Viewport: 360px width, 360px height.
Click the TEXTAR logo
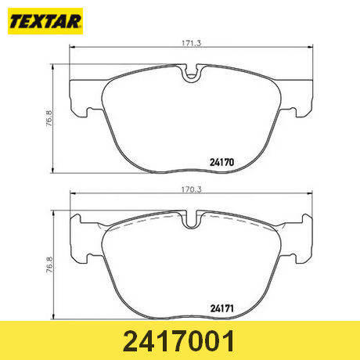[45, 21]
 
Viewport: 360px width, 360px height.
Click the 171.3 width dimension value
[192, 43]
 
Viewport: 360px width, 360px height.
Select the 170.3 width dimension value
[192, 189]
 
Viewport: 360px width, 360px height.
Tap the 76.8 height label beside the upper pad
[49, 118]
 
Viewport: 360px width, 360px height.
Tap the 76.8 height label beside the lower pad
[49, 265]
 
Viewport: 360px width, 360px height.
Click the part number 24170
[222, 163]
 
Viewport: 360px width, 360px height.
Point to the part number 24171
[222, 309]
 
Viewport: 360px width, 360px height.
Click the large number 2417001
[178, 341]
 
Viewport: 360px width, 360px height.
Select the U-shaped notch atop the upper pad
[192, 73]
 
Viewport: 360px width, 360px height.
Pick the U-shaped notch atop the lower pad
[192, 219]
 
